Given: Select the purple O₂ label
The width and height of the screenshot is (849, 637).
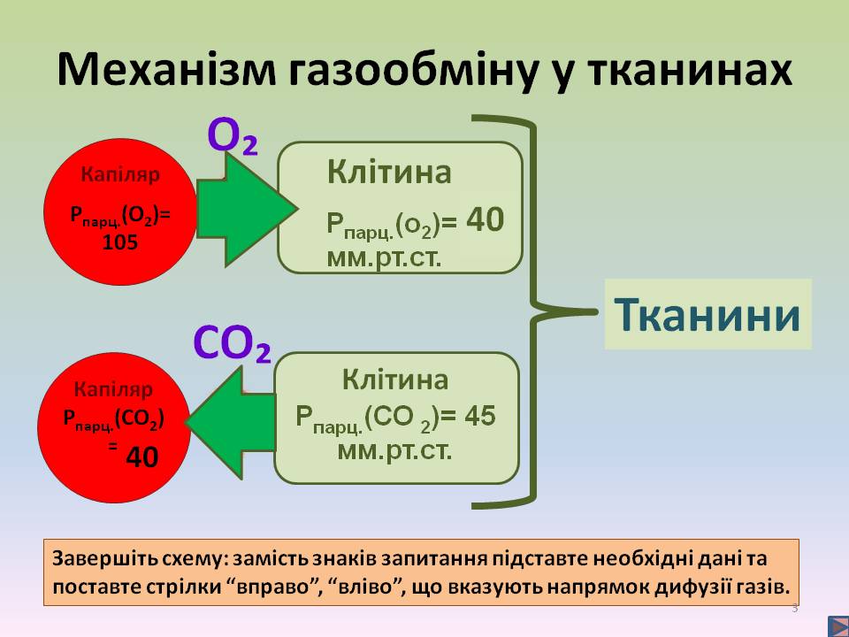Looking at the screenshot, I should (x=233, y=137).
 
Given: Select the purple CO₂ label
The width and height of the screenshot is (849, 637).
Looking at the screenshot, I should (x=232, y=344).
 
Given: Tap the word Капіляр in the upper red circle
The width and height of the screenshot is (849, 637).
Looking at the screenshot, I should (x=120, y=175).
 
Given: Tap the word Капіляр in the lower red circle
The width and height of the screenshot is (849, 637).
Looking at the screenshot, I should (x=113, y=389).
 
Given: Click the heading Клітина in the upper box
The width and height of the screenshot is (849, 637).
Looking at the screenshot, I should (x=389, y=172).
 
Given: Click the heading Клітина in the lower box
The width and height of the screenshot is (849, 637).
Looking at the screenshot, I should (x=395, y=380).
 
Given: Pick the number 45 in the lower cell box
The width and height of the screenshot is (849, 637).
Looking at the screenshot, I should (x=479, y=416).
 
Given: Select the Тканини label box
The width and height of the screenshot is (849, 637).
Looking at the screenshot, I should (x=707, y=315).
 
